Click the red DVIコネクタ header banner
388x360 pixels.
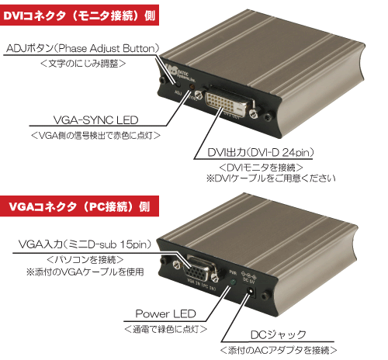pyautogui.click(x=79, y=15)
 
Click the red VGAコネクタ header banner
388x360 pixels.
pyautogui.click(x=79, y=206)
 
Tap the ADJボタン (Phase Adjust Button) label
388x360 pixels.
pyautogui.click(x=83, y=48)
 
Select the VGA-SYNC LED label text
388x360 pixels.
pyautogui.click(x=95, y=120)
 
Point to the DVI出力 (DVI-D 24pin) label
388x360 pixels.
pyautogui.click(x=261, y=152)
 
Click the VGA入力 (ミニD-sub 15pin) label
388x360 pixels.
pyautogui.click(x=85, y=244)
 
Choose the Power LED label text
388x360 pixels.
pyautogui.click(x=165, y=313)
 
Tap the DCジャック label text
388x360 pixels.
pyautogui.click(x=279, y=335)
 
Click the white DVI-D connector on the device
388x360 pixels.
pyautogui.click(x=230, y=102)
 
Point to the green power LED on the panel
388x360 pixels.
pyautogui.click(x=234, y=282)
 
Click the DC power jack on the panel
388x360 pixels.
pyautogui.click(x=251, y=292)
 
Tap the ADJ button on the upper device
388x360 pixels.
pyautogui.click(x=178, y=84)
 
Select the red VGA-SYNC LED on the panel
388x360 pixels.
pyautogui.click(x=192, y=87)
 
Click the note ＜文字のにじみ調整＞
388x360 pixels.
pyautogui.click(x=83, y=64)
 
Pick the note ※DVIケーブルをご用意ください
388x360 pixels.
pyautogui.click(x=271, y=178)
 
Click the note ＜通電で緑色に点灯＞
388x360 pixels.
pyautogui.click(x=165, y=329)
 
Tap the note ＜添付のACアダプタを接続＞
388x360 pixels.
pyautogui.click(x=279, y=350)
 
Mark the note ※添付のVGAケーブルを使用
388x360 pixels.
pyautogui.click(x=85, y=272)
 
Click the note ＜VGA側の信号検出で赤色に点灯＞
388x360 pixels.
pyautogui.click(x=95, y=135)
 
